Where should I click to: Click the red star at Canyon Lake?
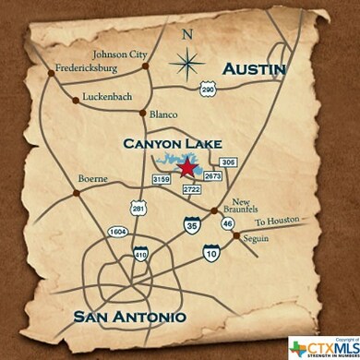[188, 167]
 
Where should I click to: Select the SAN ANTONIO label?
[131, 317]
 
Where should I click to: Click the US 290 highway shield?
[207, 88]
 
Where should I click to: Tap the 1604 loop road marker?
[117, 231]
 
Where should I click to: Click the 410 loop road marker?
[140, 253]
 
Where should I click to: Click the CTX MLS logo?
[322, 346]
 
